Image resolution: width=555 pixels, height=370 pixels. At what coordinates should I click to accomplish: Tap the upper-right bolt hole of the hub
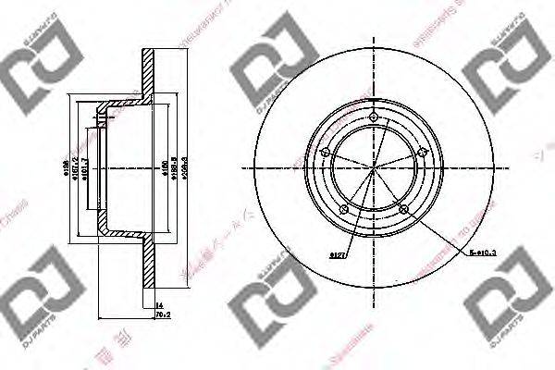click(x=421, y=154)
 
